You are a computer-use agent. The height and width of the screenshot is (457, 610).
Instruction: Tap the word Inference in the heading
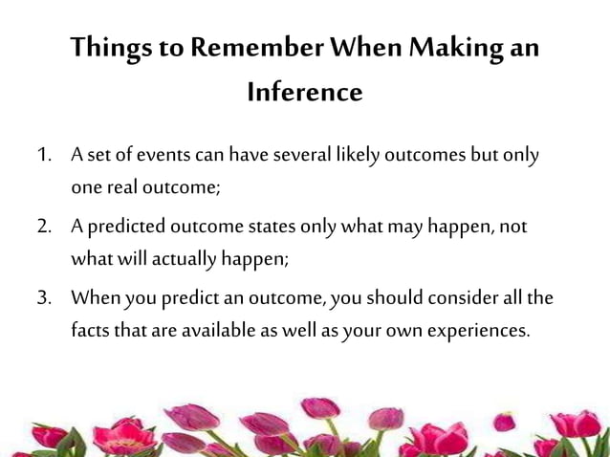pos(305,93)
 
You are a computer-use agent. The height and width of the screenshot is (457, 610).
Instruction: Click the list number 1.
pos(44,156)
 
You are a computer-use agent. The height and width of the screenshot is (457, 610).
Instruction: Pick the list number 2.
pos(44,228)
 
